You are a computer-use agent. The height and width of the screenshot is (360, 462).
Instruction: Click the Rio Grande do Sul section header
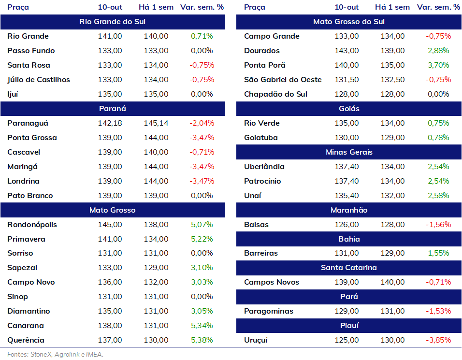click(113, 22)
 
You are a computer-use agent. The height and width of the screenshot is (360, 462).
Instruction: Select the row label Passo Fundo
click(31, 51)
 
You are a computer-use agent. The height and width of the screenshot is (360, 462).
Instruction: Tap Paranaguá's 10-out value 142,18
click(110, 123)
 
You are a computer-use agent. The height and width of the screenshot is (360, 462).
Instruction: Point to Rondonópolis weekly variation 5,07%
click(202, 225)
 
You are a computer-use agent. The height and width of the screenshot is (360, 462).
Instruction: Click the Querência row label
click(26, 340)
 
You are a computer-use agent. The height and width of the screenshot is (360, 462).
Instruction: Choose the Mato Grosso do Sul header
click(349, 22)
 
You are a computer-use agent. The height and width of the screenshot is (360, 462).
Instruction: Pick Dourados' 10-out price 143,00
click(347, 51)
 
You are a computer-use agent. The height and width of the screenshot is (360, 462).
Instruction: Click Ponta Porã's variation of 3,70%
click(438, 65)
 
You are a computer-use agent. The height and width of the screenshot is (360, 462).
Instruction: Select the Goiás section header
click(349, 109)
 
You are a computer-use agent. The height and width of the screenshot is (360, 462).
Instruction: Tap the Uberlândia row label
click(264, 167)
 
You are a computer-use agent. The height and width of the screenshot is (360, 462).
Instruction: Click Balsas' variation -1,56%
click(438, 225)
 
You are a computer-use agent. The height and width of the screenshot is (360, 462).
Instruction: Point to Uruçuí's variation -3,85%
click(438, 340)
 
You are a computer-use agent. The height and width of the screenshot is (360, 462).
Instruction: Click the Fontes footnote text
click(56, 354)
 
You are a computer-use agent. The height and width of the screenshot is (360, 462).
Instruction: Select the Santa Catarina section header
click(349, 268)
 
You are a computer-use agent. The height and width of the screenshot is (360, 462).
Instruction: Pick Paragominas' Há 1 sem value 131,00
click(393, 311)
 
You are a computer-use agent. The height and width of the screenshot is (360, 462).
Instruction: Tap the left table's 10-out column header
click(110, 7)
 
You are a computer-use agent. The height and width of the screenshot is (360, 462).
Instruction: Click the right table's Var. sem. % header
click(438, 7)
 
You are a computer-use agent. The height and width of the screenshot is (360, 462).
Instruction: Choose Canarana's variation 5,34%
click(202, 326)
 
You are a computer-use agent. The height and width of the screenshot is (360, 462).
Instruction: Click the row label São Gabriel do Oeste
click(283, 80)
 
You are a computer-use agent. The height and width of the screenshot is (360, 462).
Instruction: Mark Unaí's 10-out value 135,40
click(347, 196)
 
